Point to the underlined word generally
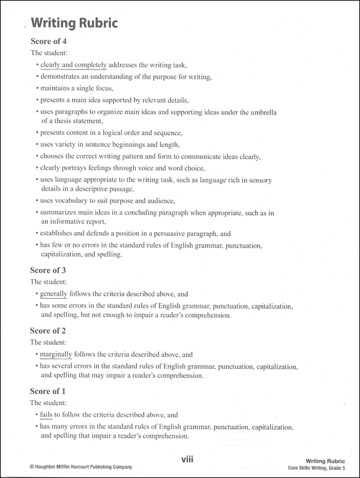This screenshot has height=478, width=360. pos(53,294)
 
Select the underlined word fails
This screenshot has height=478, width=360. pos(47,414)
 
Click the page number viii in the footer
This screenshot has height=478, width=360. pos(187,459)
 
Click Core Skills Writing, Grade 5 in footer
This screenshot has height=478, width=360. pos(317,468)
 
